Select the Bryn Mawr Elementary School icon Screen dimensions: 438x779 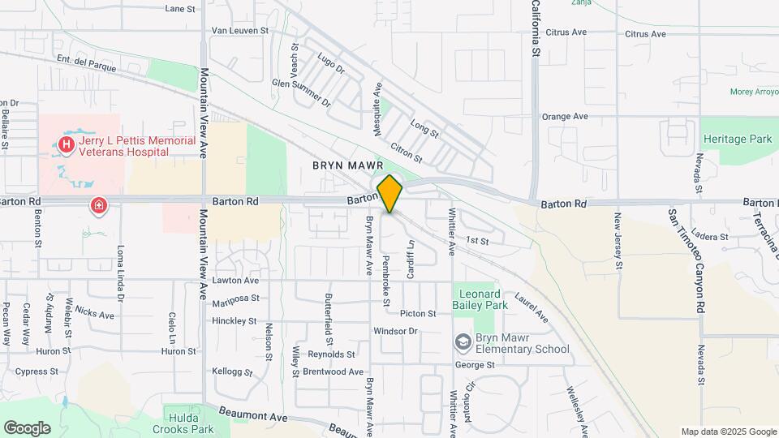tap(463, 343)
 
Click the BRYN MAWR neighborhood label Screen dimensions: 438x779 tap(347, 165)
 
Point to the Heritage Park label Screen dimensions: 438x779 tap(737, 140)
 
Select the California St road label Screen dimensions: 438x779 tap(536, 28)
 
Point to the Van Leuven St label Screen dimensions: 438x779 tap(239, 30)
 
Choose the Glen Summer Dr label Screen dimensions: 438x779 tap(301, 93)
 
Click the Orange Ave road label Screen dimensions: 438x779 tap(565, 117)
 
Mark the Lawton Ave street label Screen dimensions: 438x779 tap(235, 281)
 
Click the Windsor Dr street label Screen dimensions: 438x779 tap(395, 331)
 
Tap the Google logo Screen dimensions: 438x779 tap(27, 428)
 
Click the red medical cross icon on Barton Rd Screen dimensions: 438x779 tap(99, 206)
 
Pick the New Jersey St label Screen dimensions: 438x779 tap(618, 241)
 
